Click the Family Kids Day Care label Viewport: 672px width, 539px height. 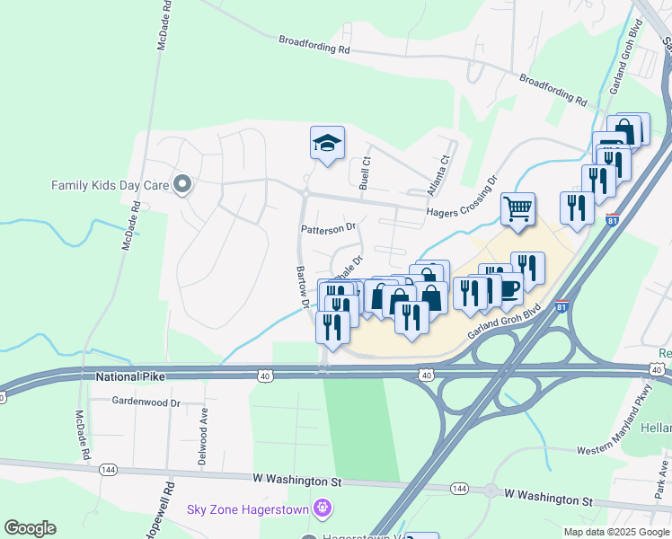coord(111,186)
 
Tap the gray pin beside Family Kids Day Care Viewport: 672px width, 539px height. coord(183,186)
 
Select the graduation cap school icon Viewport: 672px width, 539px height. coord(327,142)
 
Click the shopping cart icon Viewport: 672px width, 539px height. coord(518,210)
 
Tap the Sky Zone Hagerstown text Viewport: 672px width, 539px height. coord(248,510)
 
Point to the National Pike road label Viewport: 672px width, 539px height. coord(132,379)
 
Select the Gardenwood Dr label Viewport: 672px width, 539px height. coord(146,402)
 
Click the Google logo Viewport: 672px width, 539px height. coord(30,528)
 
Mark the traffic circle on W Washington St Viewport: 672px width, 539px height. coord(491,491)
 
